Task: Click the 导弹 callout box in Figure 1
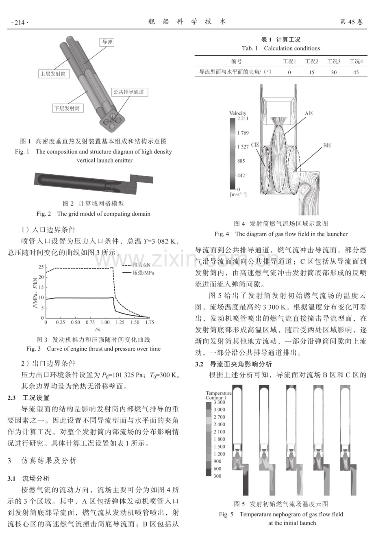107,42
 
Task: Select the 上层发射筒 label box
54,74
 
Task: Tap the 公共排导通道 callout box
130,92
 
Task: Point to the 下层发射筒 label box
68,108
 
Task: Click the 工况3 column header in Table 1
334,61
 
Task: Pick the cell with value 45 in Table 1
356,72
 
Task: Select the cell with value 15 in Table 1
312,72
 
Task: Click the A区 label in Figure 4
309,113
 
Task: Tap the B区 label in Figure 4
327,145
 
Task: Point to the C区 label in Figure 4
255,145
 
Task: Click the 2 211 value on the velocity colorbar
243,119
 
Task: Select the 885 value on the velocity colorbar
241,161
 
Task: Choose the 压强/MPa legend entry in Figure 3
138,273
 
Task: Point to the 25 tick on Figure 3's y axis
41,267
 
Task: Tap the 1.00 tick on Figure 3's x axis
105,323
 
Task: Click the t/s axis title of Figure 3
98,329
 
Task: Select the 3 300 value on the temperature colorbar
219,402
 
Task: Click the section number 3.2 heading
199,364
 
